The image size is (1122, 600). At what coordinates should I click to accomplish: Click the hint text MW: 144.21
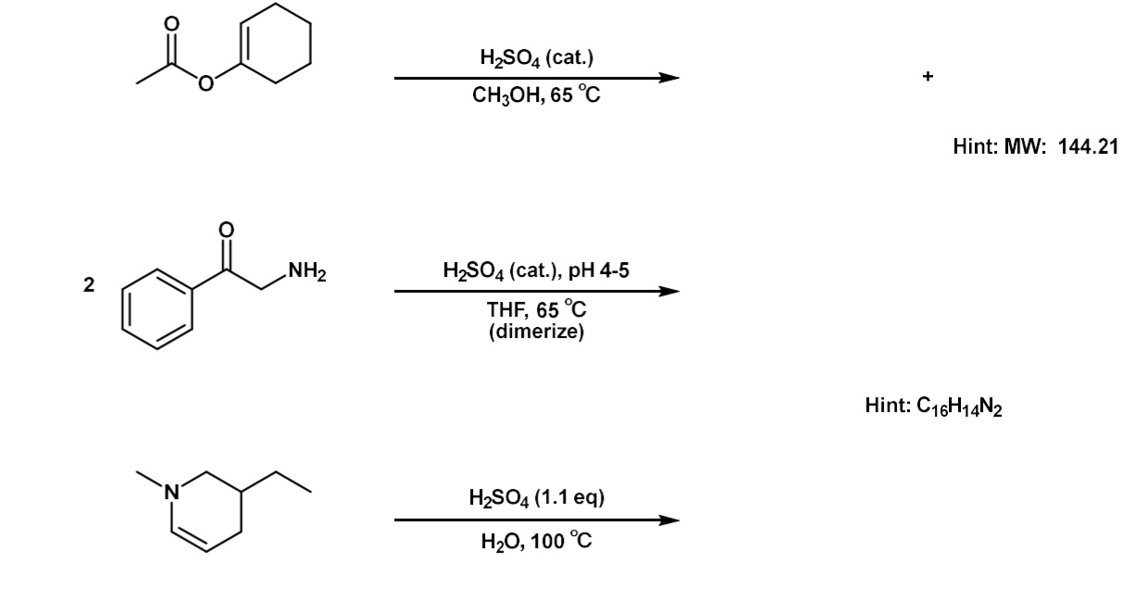tap(1036, 146)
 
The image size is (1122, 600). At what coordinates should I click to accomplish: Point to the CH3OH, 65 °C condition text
tap(537, 96)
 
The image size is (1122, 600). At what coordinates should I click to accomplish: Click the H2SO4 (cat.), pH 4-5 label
tap(537, 272)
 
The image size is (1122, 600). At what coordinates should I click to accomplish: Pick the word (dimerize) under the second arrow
tap(537, 331)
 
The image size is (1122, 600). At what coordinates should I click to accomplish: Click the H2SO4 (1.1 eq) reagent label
tap(537, 498)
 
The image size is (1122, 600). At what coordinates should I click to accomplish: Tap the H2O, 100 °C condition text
tap(537, 541)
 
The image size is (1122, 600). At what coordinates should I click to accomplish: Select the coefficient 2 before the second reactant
tap(88, 286)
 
